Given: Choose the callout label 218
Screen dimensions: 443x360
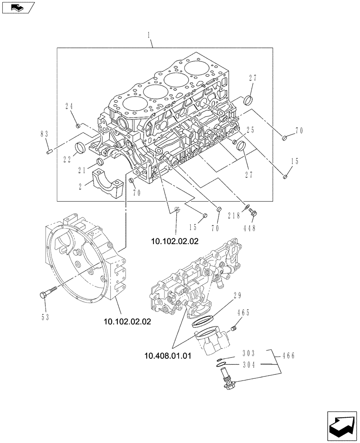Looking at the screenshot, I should [234, 216].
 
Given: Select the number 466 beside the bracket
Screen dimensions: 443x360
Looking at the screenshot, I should [288, 355].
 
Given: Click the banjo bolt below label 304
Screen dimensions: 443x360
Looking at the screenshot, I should [226, 381].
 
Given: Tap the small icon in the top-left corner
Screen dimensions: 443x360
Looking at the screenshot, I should [17, 7].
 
